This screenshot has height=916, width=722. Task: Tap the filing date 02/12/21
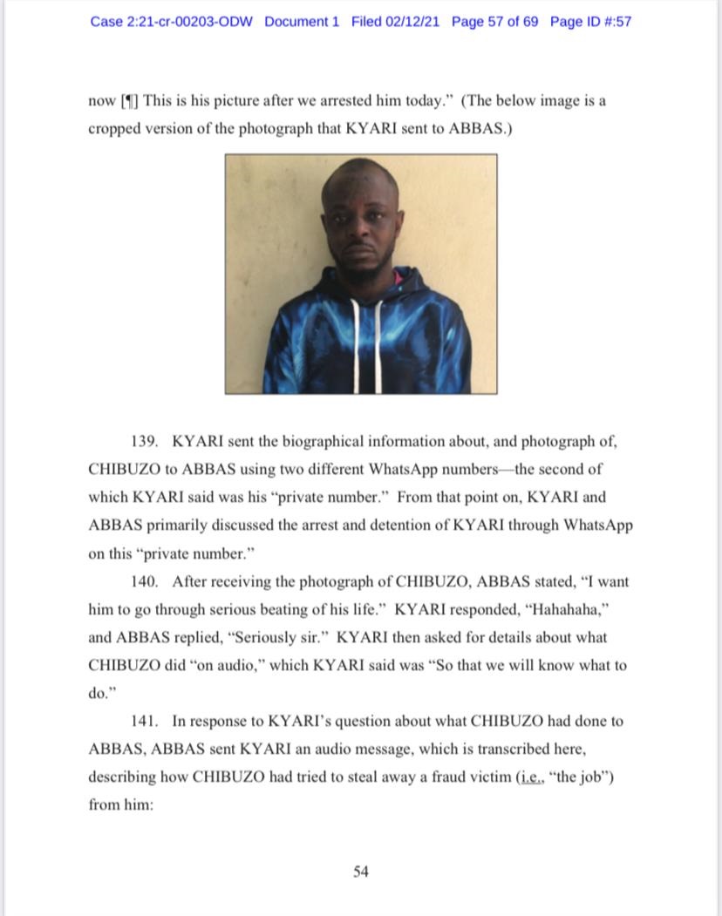[x=413, y=21]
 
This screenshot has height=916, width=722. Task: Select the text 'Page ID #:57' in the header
[x=590, y=21]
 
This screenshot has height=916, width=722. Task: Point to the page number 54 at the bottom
[x=361, y=872]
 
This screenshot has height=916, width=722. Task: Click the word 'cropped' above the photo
[x=117, y=128]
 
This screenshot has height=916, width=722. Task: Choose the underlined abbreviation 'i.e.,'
[x=535, y=777]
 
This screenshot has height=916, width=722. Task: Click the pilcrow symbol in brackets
[x=128, y=100]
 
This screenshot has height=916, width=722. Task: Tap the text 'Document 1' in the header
[x=302, y=21]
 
